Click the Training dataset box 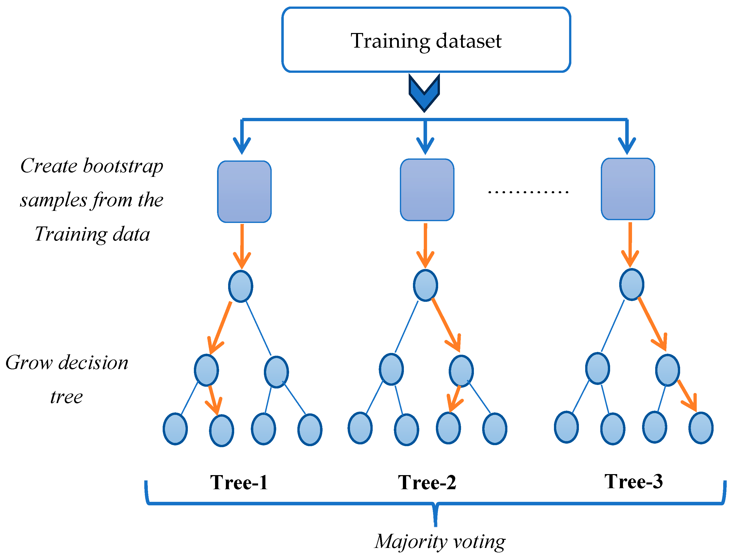click(x=426, y=40)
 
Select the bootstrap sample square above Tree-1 click(x=244, y=192)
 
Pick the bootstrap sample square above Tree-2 click(x=427, y=190)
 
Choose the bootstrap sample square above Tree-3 click(x=628, y=189)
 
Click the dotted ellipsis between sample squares click(x=528, y=192)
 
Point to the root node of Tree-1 click(x=241, y=286)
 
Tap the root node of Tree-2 click(x=425, y=285)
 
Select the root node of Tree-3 click(x=632, y=284)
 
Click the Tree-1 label click(x=239, y=483)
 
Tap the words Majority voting click(x=440, y=542)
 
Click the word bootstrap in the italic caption click(x=123, y=166)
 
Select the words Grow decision click(x=67, y=363)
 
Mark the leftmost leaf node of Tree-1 click(x=175, y=429)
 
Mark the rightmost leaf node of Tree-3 click(x=701, y=428)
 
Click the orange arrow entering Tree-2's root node click(x=425, y=246)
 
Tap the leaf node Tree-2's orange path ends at click(x=448, y=428)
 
